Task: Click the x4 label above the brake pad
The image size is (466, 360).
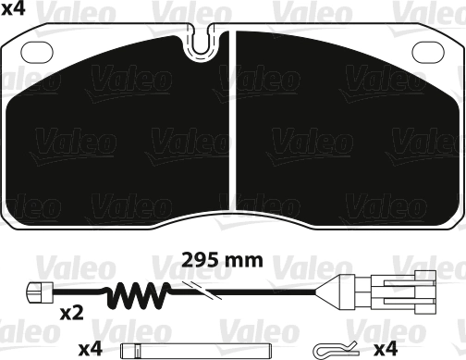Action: coord(13,9)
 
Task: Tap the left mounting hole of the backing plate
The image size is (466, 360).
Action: coord(37,52)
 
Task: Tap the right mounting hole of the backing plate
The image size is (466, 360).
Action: coord(428,52)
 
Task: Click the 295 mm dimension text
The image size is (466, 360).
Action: coord(222,260)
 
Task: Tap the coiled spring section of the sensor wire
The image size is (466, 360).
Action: coord(139,294)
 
